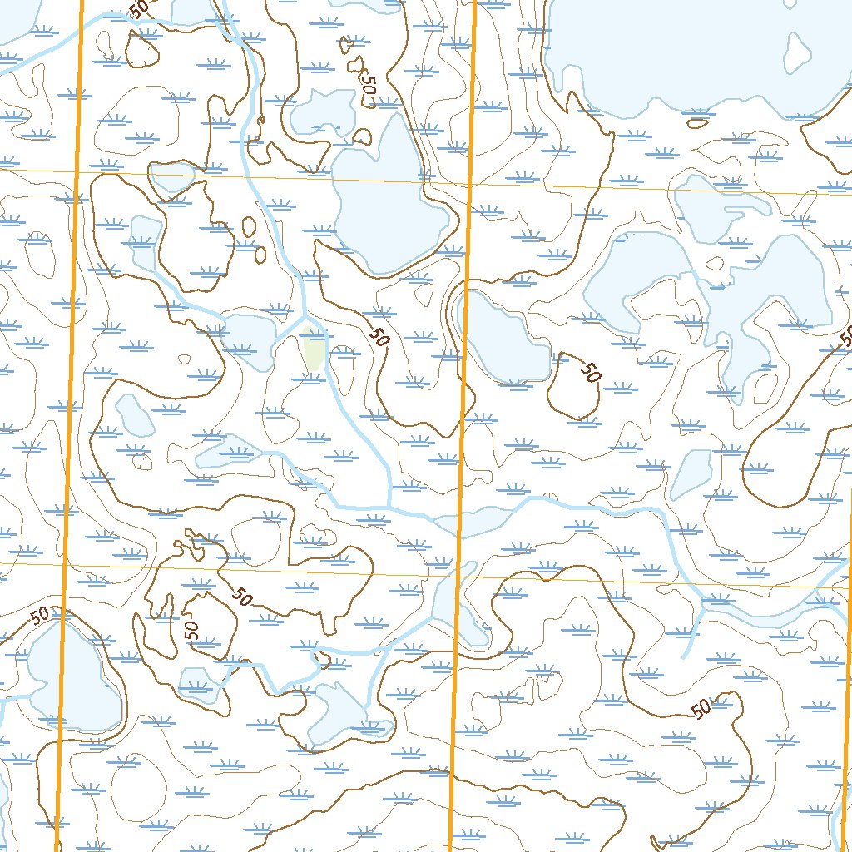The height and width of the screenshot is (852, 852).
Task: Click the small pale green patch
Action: pos(315,351)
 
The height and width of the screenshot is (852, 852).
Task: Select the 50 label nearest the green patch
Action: pos(379,337)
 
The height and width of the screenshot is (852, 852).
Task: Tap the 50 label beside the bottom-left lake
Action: pos(39,617)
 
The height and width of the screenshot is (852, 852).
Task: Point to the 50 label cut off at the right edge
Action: pos(845,337)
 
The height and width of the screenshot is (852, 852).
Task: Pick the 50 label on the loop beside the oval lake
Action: pos(590,372)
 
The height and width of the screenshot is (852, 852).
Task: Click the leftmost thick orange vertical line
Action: pos(71,416)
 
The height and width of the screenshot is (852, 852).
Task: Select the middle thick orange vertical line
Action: pos(463,416)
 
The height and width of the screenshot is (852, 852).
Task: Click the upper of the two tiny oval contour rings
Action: pos(248,225)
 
